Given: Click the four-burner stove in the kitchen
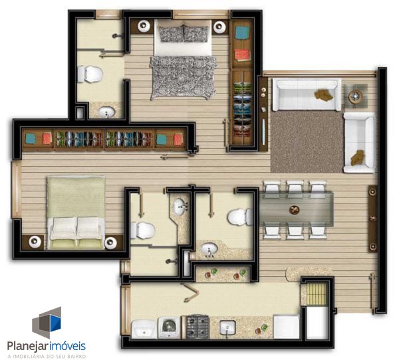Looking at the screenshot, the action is (198, 327).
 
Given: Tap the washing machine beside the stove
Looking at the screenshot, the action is (169, 327).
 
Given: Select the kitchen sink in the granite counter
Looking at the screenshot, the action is (227, 327).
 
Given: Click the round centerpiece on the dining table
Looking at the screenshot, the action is (295, 210).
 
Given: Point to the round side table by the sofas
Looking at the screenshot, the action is (356, 96).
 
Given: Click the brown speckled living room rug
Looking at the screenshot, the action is (307, 141).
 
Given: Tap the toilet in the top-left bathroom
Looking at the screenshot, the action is (90, 74).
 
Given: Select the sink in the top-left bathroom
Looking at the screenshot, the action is (106, 112).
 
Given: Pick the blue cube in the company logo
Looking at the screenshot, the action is (55, 323).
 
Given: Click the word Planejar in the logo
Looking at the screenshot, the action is (27, 346).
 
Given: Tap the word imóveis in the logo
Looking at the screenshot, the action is (67, 346).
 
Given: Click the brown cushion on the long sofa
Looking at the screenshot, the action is (324, 95).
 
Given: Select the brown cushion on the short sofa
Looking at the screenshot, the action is (357, 157).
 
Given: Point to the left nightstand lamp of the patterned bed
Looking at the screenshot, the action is (144, 26).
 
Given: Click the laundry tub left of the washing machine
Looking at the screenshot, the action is (144, 329).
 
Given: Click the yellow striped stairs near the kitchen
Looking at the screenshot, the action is (316, 294).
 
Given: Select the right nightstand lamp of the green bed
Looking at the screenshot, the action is (111, 243).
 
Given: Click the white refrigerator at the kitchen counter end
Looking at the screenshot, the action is (286, 327).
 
